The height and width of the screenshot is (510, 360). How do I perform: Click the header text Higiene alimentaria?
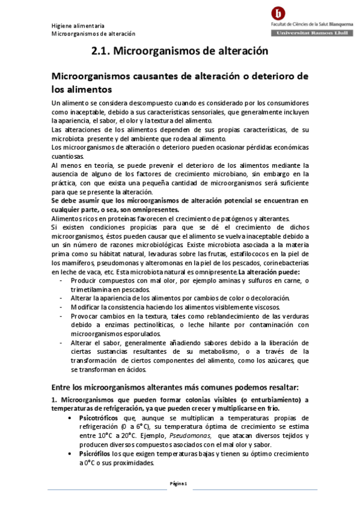[x=78, y=26]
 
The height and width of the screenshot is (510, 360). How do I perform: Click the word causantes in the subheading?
[x=163, y=77]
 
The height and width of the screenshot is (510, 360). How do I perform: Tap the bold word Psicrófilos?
[x=95, y=455]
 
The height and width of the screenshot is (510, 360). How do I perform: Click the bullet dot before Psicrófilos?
[x=73, y=455]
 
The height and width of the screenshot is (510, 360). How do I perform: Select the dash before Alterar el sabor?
[x=63, y=342]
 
